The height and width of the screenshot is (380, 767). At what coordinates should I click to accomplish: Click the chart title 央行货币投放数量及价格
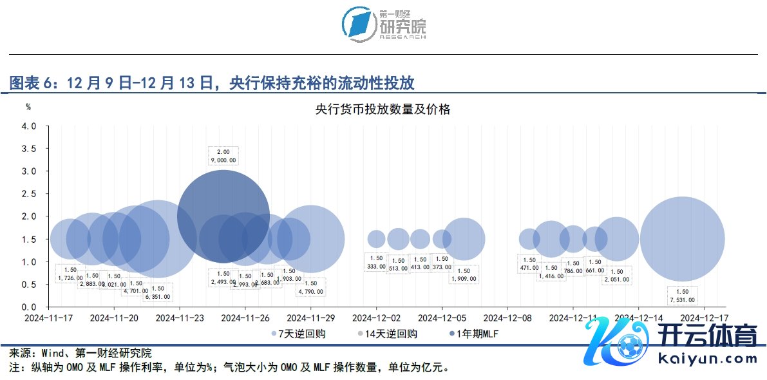(383, 109)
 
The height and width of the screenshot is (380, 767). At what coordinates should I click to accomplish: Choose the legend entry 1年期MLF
(476, 334)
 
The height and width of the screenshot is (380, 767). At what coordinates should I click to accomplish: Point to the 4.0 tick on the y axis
(29, 126)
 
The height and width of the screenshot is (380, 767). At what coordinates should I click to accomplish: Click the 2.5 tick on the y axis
(29, 194)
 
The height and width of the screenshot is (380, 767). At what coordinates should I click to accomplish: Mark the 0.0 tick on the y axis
(29, 307)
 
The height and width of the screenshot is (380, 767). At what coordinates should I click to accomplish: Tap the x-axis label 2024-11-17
(49, 318)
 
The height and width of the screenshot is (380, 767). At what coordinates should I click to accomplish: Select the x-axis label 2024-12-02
(376, 318)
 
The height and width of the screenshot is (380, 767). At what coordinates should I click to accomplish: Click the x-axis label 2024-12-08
(507, 318)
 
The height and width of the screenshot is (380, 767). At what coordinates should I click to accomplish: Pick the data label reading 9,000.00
(223, 160)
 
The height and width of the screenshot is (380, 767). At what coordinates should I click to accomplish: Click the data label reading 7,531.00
(681, 299)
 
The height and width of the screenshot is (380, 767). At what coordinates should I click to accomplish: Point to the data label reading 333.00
(376, 266)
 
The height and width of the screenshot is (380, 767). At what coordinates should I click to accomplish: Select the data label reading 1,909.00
(464, 279)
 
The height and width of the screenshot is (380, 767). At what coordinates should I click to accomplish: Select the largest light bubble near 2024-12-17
(682, 239)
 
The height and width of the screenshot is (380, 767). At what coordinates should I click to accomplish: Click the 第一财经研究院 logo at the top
(384, 26)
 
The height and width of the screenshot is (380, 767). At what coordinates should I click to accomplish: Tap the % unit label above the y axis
(28, 106)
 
